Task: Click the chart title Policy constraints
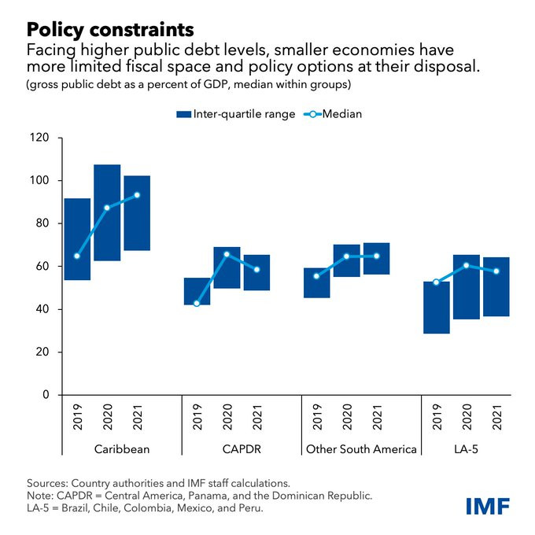point(110,29)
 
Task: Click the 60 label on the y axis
point(42,267)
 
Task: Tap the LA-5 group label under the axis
point(467,449)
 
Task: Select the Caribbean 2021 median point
point(137,195)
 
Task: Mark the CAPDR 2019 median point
point(197,303)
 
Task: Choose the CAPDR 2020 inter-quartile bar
point(227,267)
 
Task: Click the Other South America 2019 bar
point(317,282)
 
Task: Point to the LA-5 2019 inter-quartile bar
point(437,308)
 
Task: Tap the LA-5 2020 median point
point(467,265)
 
